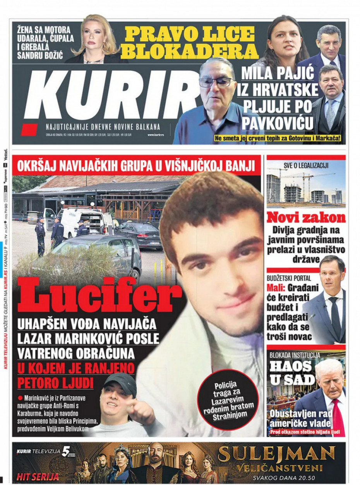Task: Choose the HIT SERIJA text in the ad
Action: click(38, 476)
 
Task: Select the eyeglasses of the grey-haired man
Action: click(216, 82)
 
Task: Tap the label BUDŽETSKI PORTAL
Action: click(289, 278)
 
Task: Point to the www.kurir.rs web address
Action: click(157, 135)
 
